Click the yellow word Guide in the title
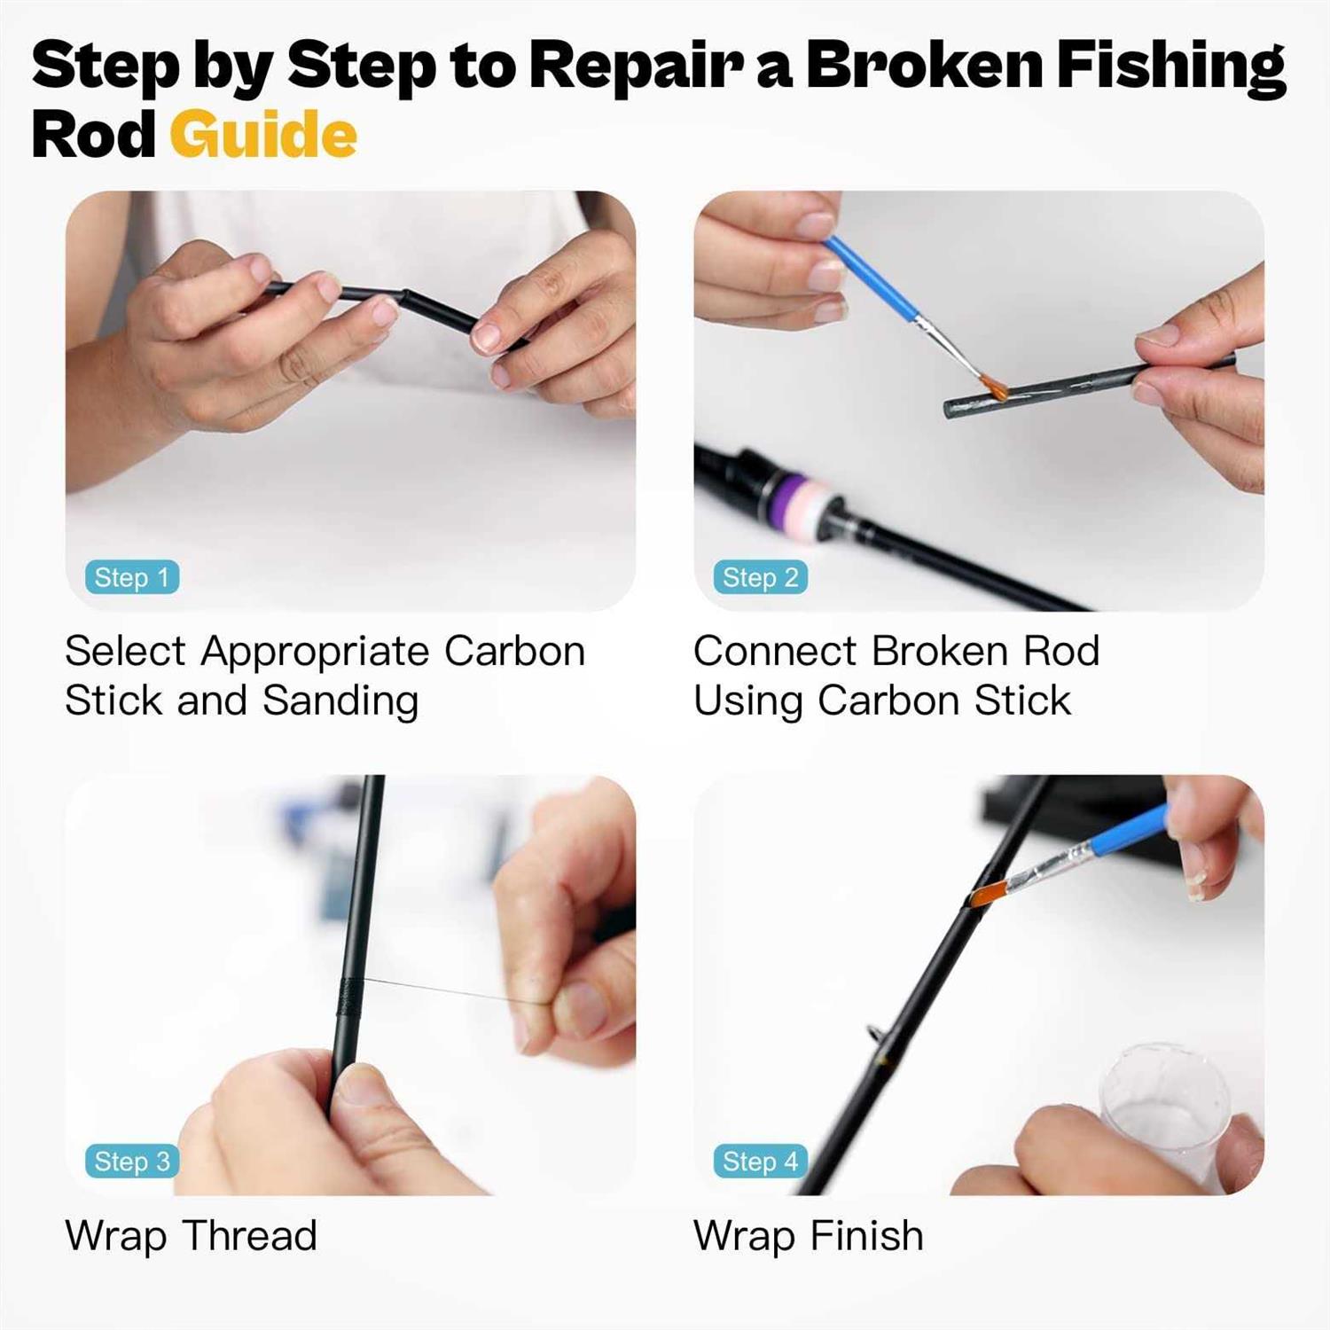263,135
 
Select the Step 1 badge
132,577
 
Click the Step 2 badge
760,577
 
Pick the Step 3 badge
132,1161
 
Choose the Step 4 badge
760,1161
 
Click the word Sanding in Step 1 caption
340,700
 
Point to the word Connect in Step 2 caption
774,651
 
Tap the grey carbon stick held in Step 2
1064,386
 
